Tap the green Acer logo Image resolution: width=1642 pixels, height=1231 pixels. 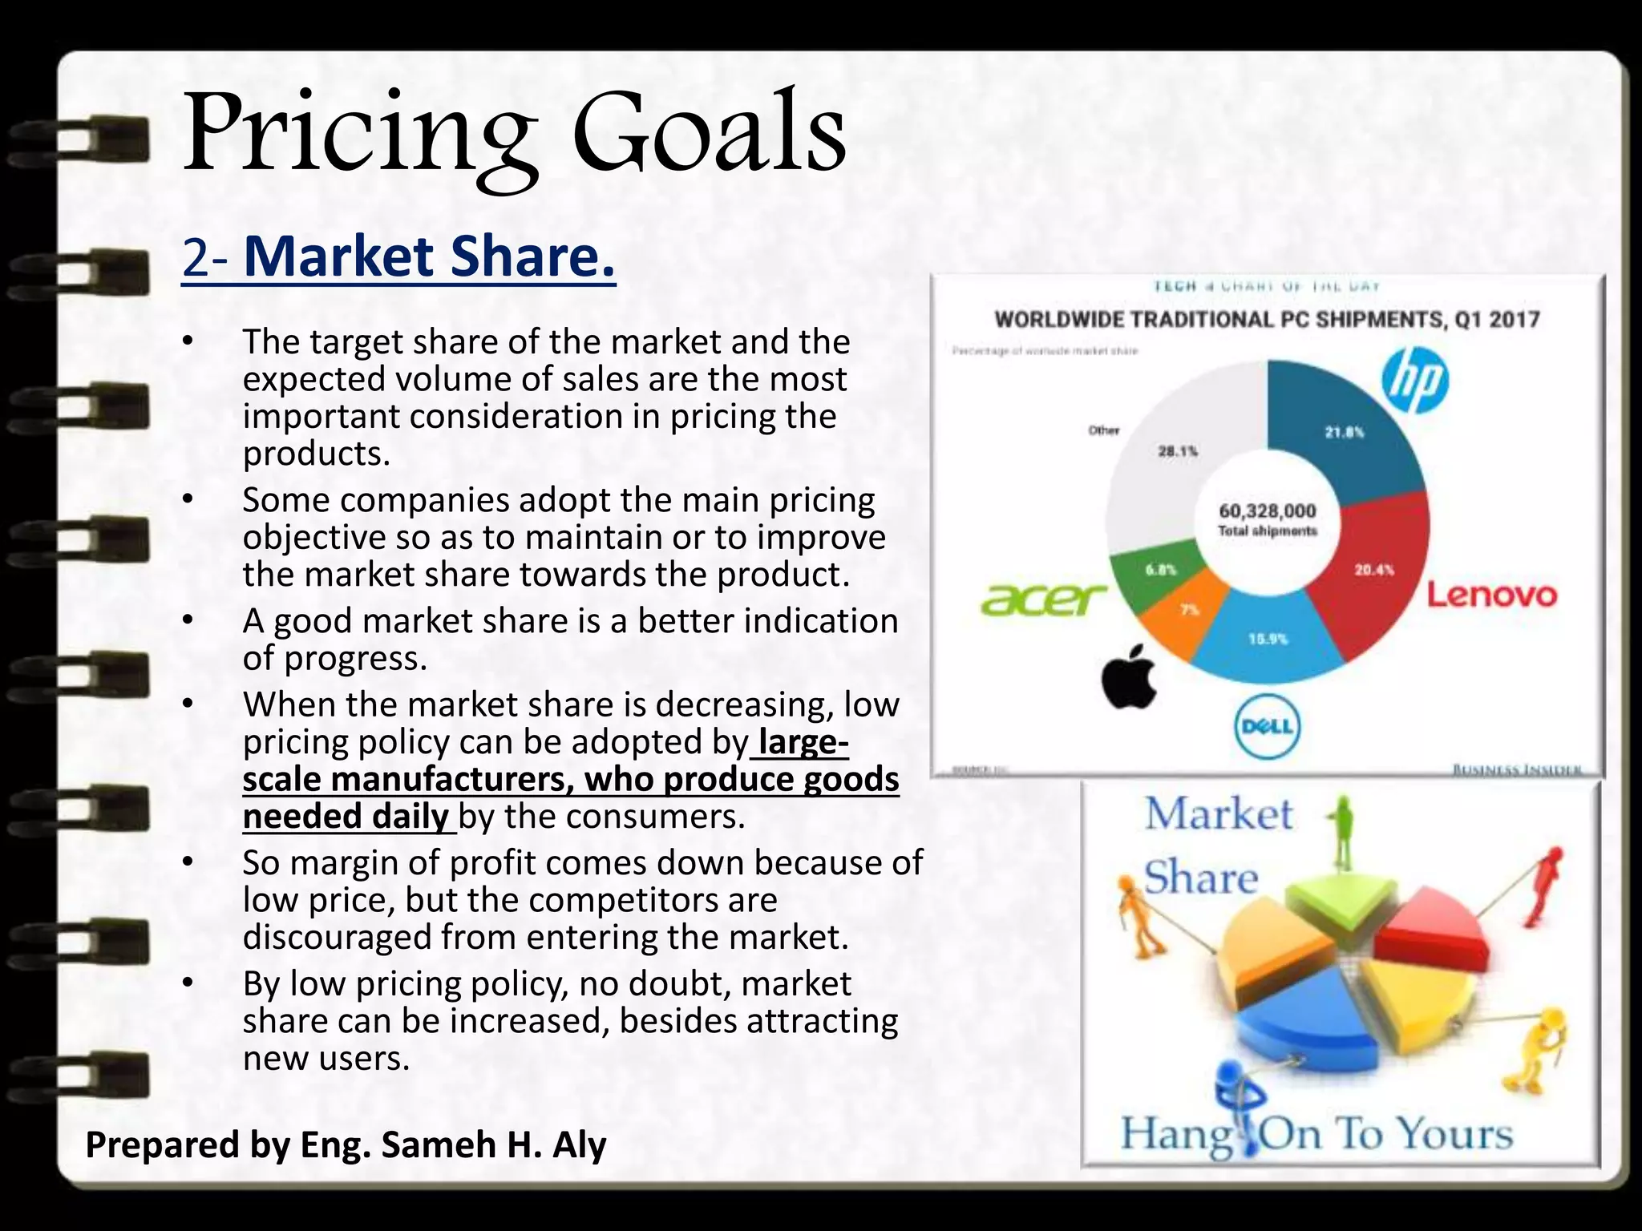coord(1043,599)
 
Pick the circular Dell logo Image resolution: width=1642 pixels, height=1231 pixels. coord(1267,726)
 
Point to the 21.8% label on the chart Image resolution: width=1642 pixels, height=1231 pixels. coord(1345,432)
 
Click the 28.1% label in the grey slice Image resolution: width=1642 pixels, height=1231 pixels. coord(1177,451)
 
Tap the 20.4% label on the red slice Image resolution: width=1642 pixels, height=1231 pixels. coord(1374,570)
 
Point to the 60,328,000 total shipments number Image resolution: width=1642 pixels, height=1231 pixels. coord(1268,511)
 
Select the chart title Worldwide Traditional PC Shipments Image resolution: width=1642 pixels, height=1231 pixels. coord(1267,320)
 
